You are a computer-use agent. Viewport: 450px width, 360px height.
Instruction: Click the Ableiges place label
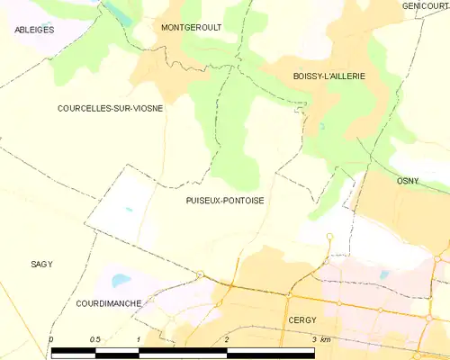coord(34,30)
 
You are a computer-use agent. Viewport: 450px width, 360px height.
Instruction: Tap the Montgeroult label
coord(191,28)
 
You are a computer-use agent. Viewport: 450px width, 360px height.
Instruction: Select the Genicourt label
coord(426,6)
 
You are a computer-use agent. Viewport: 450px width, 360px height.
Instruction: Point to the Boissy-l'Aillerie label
coord(328,76)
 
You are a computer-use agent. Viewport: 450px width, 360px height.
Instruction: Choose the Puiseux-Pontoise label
coord(225,201)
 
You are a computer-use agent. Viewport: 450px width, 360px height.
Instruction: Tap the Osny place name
coord(408,181)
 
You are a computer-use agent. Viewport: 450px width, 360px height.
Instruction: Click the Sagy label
coord(41,264)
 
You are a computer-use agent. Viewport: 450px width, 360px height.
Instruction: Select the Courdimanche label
coord(109,303)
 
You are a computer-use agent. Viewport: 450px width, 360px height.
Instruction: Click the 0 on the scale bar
coord(51,339)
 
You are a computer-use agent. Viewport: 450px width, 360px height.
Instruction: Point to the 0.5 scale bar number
coord(94,339)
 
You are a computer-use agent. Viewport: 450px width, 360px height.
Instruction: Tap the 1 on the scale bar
coord(138,339)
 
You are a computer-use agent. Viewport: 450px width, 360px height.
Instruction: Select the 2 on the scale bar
coord(226,339)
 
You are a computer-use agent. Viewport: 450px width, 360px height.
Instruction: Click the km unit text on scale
coord(326,339)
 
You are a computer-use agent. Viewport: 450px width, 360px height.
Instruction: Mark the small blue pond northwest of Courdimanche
coord(119,274)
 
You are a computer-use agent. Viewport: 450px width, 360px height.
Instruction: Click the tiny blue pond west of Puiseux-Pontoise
coord(129,210)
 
